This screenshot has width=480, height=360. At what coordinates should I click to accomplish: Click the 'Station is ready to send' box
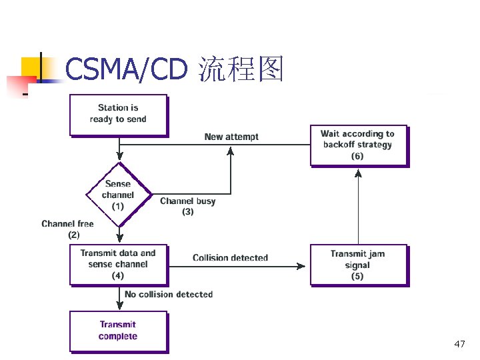[118, 114]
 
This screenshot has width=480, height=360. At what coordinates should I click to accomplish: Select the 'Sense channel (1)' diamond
[118, 195]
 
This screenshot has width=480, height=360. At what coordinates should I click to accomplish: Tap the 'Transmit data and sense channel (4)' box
[118, 264]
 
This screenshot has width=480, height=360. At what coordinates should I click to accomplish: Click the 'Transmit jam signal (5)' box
[358, 265]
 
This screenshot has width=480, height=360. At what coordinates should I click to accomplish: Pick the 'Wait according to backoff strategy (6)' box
[358, 145]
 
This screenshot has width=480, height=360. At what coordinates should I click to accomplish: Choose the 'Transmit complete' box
[118, 331]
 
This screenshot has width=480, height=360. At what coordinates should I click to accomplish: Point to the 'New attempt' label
[231, 137]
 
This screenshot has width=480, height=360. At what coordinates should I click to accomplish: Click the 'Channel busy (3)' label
[187, 206]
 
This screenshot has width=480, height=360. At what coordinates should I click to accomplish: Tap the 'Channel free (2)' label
[67, 229]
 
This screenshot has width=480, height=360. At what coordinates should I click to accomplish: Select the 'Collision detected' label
[230, 257]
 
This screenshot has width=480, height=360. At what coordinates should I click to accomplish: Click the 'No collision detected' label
[169, 294]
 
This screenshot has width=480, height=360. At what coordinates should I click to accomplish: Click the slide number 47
[459, 344]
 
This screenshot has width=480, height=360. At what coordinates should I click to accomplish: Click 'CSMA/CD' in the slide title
[127, 69]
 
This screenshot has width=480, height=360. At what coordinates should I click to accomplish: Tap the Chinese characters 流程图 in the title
[241, 69]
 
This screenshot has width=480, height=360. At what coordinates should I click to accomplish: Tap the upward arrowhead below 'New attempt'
[231, 151]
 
